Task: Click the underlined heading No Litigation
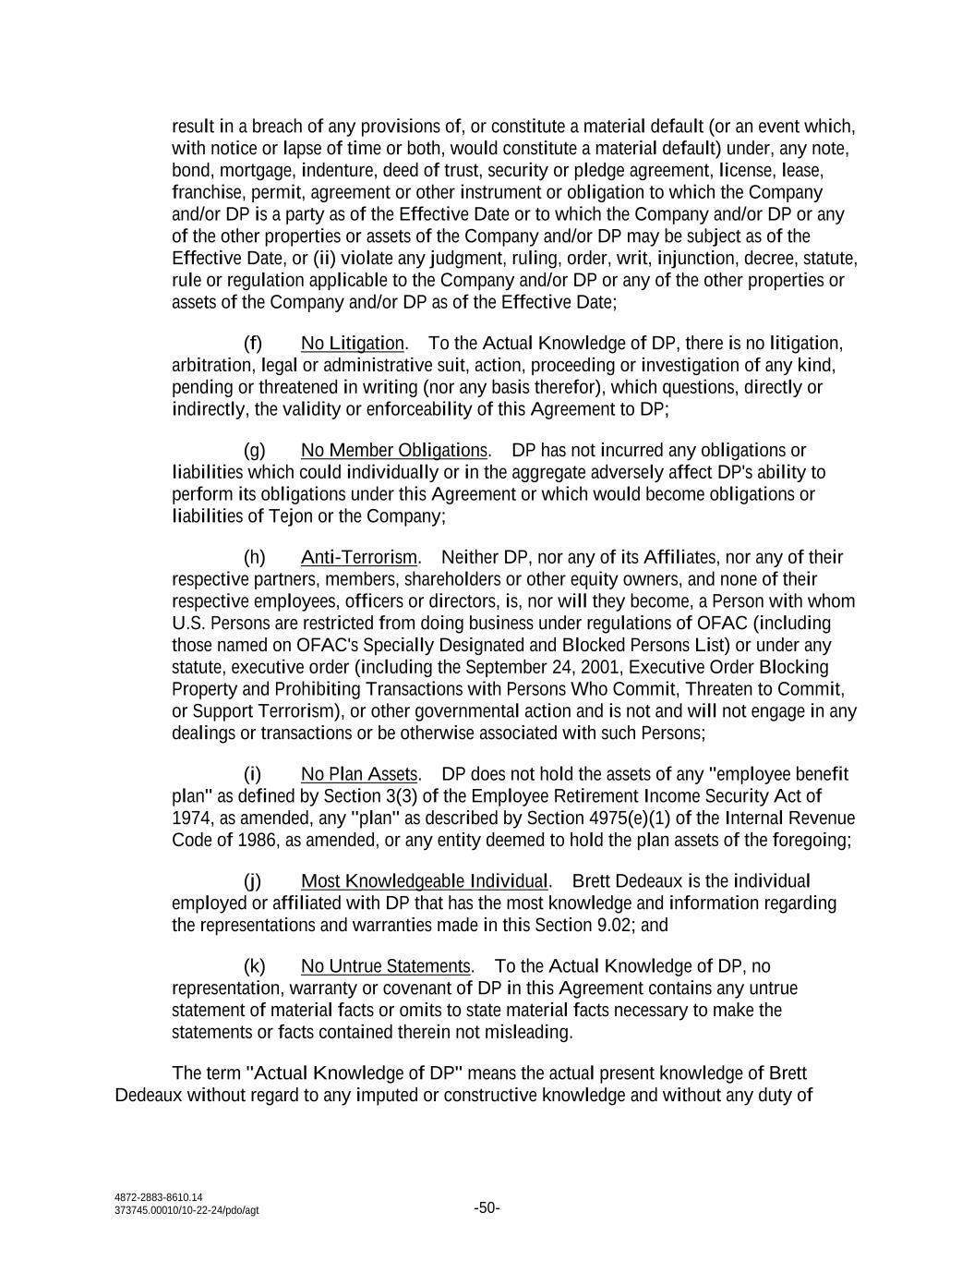tap(352, 344)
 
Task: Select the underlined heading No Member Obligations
tap(394, 451)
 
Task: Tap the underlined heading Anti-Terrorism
tap(359, 558)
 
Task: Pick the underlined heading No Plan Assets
tap(359, 774)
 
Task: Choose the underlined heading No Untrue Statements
tap(386, 966)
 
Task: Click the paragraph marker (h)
tap(254, 558)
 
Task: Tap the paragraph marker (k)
tap(254, 966)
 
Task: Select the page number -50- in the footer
tap(487, 1208)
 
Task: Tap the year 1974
tap(190, 818)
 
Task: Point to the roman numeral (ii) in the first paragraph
tap(327, 259)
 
